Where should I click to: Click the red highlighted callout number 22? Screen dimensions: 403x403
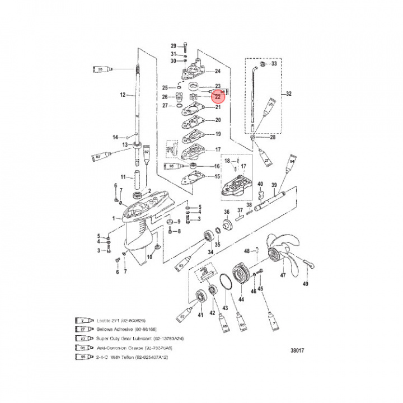point(217,96)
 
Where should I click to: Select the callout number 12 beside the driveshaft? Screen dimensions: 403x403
point(124,95)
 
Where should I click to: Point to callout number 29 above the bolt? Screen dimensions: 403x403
point(174,46)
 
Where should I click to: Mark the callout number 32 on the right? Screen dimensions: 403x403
point(289,93)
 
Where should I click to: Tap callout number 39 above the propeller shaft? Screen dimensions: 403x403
point(274,185)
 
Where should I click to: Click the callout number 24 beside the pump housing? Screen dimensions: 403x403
point(217,71)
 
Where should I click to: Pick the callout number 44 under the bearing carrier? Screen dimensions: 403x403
point(241,299)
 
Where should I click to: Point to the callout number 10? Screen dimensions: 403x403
point(149,257)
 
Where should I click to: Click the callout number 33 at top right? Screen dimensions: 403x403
point(274,64)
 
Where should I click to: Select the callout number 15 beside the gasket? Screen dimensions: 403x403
point(217,177)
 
